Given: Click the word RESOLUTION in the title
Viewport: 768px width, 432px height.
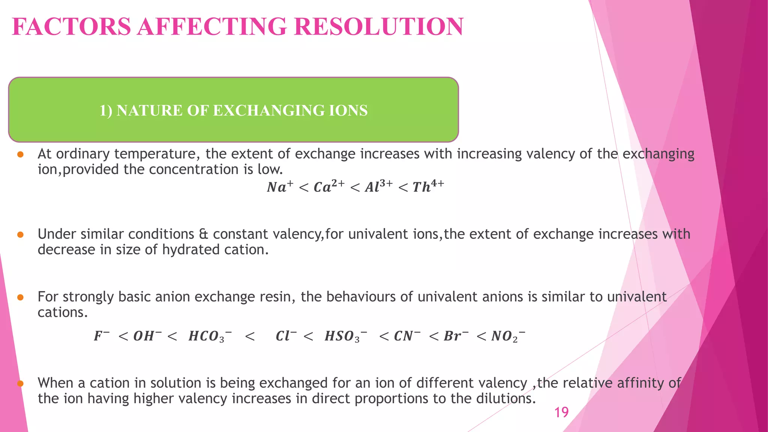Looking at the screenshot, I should coord(379,27).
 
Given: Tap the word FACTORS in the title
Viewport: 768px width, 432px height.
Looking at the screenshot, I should coord(71,27).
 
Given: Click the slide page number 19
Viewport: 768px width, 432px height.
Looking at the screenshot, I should coord(561,412).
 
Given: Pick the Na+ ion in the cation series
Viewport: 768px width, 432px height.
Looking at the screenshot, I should coord(280,186).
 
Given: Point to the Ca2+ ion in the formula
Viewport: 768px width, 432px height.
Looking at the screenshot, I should coord(328,186).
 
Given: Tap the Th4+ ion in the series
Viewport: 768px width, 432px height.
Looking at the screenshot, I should coord(428,186).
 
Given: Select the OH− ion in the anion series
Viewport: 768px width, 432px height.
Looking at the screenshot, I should coord(147,336).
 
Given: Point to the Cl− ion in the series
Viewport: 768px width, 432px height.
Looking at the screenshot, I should coord(286,336).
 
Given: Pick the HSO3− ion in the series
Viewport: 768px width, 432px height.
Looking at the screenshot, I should coord(345,336).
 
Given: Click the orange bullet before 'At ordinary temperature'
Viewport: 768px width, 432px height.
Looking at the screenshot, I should coord(21,154).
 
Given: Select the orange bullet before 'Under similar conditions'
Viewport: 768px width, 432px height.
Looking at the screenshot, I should coord(21,235).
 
